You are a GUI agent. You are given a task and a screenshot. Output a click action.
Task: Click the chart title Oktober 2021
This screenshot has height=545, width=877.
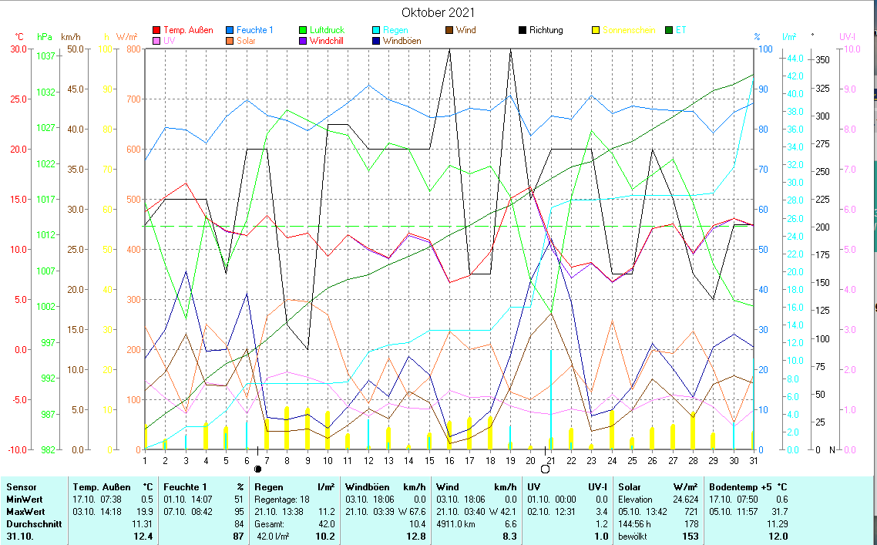tap(438, 12)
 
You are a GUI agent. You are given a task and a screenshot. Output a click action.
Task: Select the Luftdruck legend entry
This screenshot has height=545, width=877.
tap(328, 30)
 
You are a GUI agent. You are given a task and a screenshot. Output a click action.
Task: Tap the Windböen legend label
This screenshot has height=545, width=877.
tap(402, 41)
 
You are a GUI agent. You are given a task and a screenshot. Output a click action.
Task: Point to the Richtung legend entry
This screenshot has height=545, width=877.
tap(546, 30)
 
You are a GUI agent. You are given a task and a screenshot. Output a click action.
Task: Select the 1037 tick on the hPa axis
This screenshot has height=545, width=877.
tap(45, 56)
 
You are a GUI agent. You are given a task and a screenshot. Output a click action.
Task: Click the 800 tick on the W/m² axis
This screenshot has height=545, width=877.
tap(133, 49)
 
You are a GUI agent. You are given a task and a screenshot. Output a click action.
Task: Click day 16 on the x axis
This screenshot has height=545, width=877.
tap(449, 460)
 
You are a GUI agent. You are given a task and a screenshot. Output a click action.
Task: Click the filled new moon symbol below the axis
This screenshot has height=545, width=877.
tap(257, 468)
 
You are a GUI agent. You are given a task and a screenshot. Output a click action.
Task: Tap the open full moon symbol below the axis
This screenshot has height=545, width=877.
tap(545, 468)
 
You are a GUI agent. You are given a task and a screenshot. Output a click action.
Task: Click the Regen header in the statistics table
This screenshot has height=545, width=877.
tap(269, 487)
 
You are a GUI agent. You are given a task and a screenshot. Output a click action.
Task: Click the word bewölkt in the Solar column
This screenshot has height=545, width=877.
tap(633, 536)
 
